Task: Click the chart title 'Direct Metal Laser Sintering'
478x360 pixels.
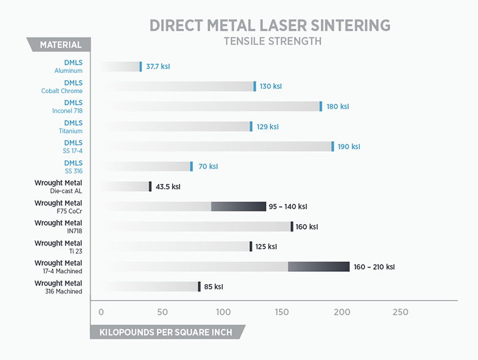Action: click(x=270, y=26)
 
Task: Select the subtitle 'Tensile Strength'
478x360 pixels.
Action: click(x=273, y=42)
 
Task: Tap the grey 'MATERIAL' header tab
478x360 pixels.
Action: click(x=60, y=45)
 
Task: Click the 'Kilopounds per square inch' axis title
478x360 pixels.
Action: click(x=162, y=332)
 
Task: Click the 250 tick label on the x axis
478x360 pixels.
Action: click(x=400, y=312)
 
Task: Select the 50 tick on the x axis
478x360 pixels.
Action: click(x=162, y=312)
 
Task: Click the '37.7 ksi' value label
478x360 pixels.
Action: click(x=158, y=66)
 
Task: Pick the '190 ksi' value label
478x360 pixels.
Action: click(x=349, y=147)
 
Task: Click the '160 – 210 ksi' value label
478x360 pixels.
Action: click(x=374, y=267)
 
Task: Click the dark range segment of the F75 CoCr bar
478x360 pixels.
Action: click(x=239, y=207)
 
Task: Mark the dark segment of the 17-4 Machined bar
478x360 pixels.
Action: click(x=319, y=267)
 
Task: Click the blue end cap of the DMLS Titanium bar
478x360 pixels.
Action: click(x=251, y=126)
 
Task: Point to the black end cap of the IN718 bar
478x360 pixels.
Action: click(x=292, y=227)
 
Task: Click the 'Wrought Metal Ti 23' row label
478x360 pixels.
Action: click(x=59, y=247)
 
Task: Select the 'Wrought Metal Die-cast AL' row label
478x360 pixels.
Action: click(x=59, y=187)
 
